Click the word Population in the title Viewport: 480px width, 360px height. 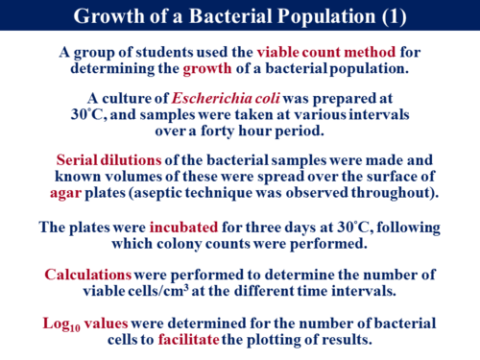(x=326, y=16)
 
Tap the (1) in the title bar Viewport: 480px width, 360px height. (x=394, y=16)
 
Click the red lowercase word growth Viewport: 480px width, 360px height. (x=207, y=69)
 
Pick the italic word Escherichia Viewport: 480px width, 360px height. (x=211, y=98)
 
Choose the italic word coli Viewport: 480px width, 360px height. (x=267, y=98)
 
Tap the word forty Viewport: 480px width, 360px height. (x=218, y=132)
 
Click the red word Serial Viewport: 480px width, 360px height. (x=77, y=159)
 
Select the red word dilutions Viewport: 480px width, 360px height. (x=131, y=159)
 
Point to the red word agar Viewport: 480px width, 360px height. (x=65, y=194)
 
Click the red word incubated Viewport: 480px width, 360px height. (x=183, y=228)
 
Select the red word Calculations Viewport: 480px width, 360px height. (x=87, y=275)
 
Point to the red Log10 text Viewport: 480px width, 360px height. (x=61, y=324)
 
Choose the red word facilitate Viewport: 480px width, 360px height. (x=188, y=339)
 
